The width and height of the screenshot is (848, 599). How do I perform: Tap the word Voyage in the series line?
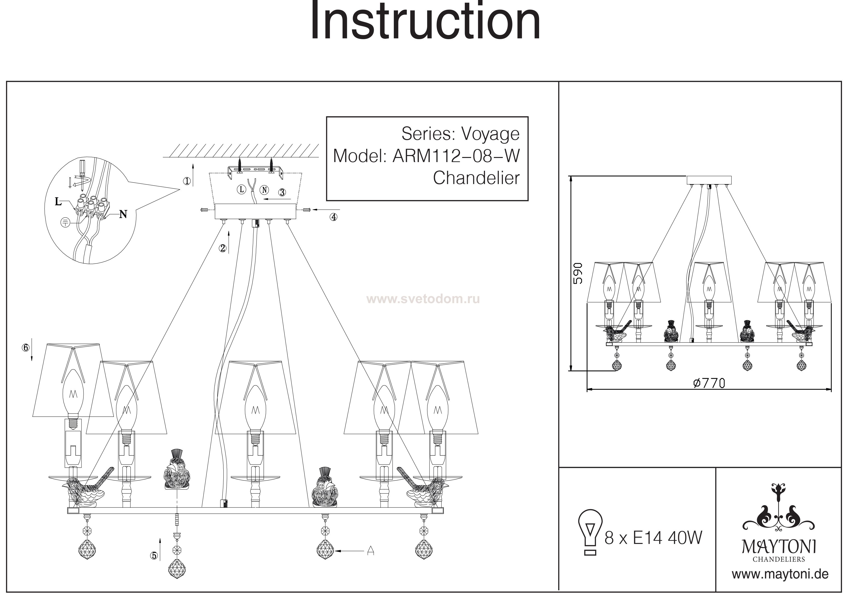point(490,134)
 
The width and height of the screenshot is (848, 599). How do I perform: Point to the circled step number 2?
point(222,248)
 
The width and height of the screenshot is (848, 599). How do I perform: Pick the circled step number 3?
point(282,192)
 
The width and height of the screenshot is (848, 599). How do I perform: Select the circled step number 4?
point(334,217)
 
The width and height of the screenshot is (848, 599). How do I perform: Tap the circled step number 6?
point(25,348)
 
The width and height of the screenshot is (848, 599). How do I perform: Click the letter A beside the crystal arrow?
point(371,551)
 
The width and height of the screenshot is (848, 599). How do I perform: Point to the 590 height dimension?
point(578,273)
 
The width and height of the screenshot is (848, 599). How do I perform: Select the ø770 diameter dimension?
point(709,384)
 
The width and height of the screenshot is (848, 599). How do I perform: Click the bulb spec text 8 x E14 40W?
point(653,538)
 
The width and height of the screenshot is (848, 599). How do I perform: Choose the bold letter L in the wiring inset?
point(58,201)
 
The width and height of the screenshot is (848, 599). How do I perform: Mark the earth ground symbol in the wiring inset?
point(65,222)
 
